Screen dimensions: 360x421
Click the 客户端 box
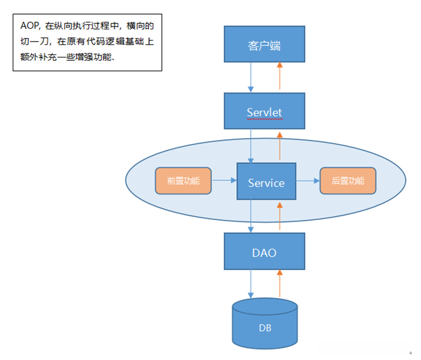265,44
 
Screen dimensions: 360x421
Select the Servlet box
265,111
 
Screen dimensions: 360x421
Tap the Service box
266,183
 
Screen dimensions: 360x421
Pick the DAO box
265,252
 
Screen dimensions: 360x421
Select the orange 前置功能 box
183,181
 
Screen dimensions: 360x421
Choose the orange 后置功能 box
348,181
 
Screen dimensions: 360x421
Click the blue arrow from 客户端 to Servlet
251,77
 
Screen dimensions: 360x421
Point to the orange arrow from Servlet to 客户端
279,77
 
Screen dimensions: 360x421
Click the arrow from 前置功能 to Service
224,181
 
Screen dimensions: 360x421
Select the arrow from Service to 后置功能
308,181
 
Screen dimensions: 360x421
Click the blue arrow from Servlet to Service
251,146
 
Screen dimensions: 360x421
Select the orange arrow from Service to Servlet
279,146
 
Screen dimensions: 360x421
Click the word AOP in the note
29,27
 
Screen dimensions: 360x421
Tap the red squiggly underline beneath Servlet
264,118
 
